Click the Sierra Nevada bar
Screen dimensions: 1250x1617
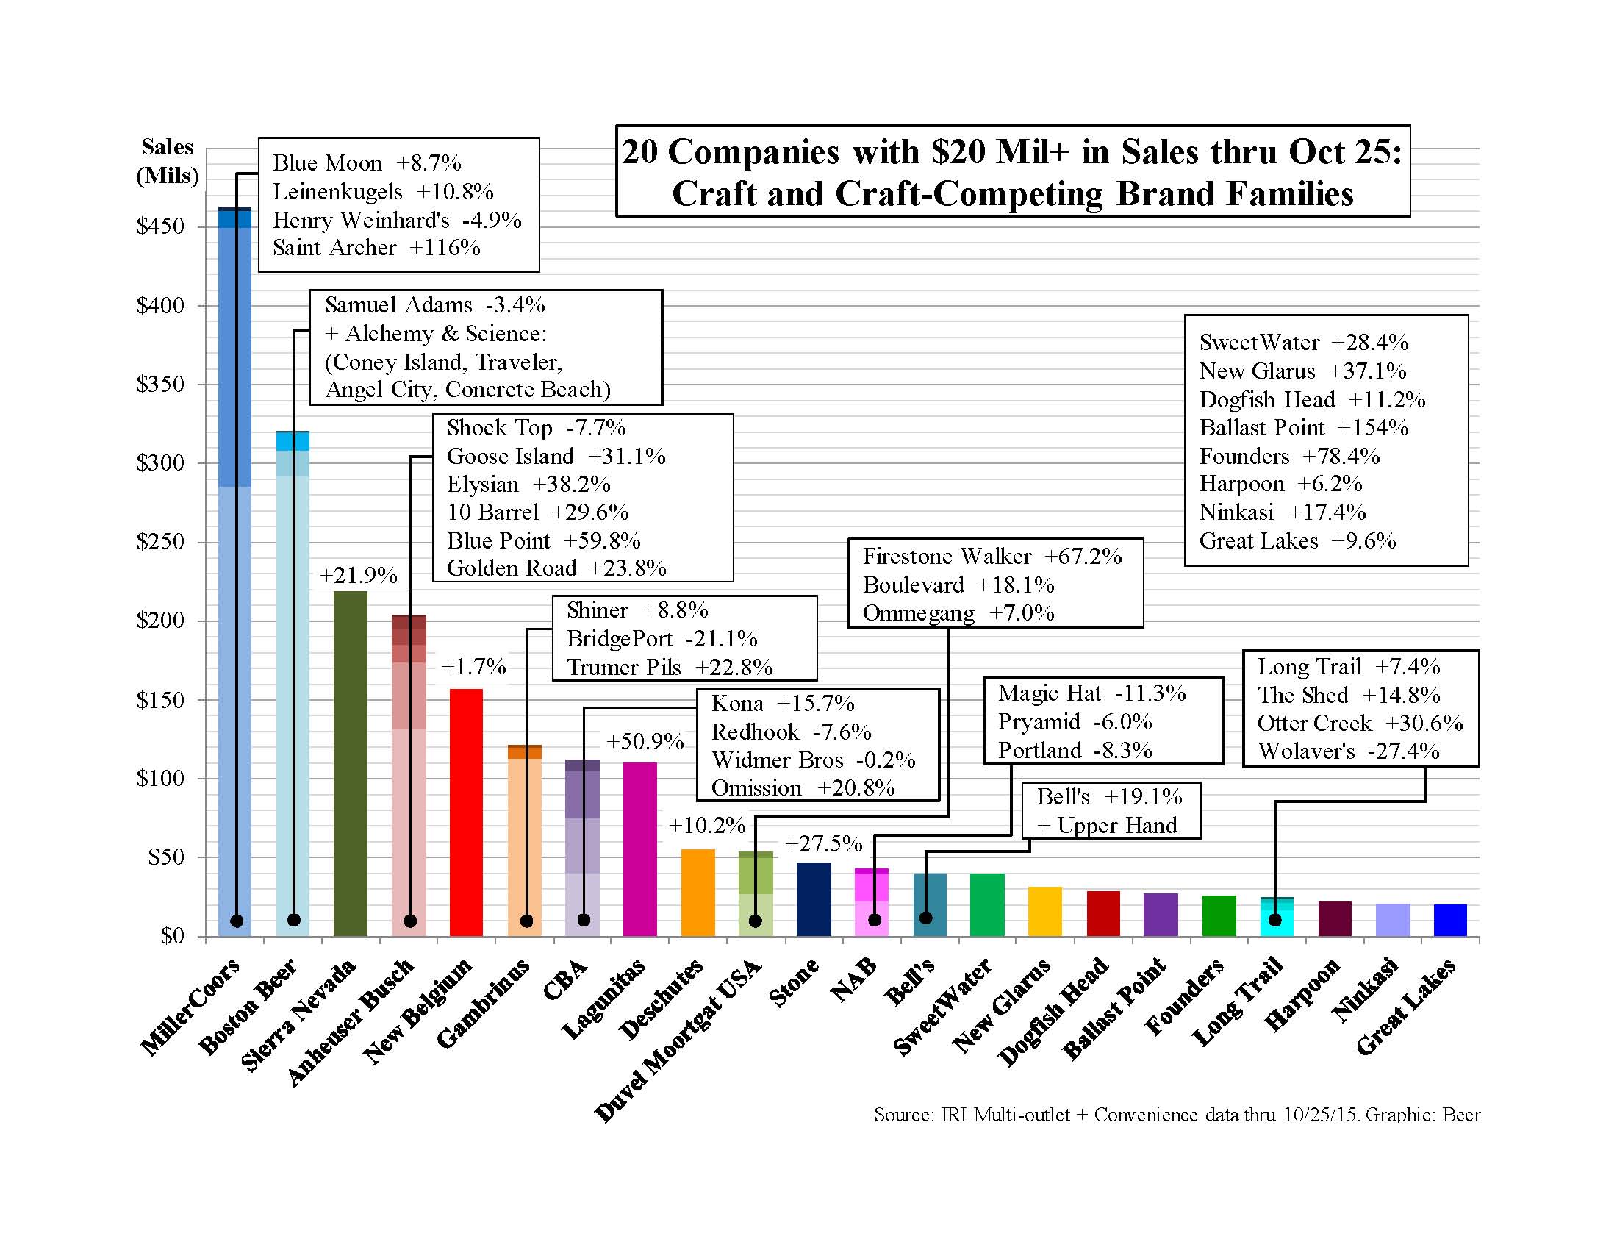click(x=350, y=762)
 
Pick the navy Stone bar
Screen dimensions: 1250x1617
click(x=814, y=899)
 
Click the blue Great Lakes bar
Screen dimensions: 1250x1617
click(x=1449, y=920)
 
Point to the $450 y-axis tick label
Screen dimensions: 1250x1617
click(x=160, y=226)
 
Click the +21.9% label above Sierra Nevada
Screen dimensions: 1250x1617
click(x=359, y=576)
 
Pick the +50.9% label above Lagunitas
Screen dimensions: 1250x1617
click(x=645, y=742)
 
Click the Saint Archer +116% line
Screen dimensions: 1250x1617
click(x=376, y=247)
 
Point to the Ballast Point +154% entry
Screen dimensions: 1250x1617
click(x=1304, y=428)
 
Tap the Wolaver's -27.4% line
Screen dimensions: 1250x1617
click(x=1348, y=751)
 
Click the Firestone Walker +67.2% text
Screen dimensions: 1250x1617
click(x=992, y=557)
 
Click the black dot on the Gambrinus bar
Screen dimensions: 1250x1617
click(x=526, y=921)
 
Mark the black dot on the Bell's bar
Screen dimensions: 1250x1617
click(x=925, y=918)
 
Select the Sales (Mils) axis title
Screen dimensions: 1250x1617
click(x=168, y=162)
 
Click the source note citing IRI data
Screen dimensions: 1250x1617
click(x=1177, y=1115)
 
